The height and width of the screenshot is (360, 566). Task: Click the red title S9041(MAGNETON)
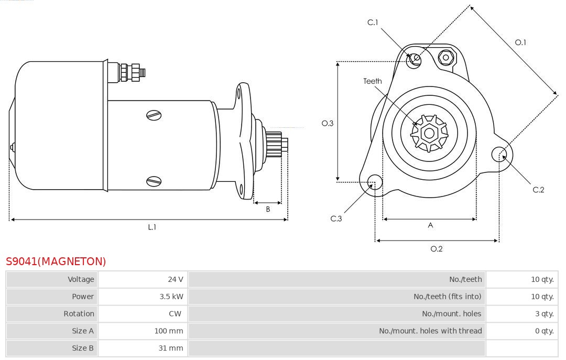56,261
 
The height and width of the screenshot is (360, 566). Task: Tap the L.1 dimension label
152,227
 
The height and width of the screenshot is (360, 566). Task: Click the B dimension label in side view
268,209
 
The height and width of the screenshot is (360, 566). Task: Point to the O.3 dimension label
328,124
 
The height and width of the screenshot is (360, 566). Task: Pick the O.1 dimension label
520,42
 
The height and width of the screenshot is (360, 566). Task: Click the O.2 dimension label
437,249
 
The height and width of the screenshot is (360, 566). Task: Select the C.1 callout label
373,23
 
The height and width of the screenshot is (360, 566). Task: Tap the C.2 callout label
539,190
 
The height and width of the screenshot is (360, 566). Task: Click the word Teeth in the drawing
373,81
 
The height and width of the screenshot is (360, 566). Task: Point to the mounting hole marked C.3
375,182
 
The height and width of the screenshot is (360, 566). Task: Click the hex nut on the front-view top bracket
446,57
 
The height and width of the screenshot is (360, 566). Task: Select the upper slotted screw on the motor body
155,115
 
